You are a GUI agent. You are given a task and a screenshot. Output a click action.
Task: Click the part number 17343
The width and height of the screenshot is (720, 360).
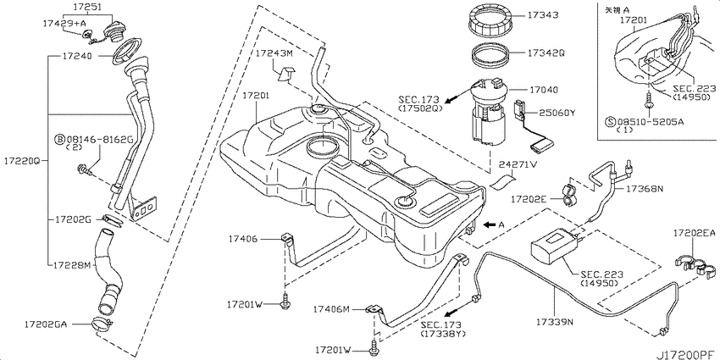pyautogui.click(x=542, y=15)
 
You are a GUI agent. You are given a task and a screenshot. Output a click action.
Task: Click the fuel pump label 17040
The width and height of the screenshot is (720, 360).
pyautogui.click(x=542, y=90)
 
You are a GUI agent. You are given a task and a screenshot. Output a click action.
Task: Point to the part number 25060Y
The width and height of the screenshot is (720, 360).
pyautogui.click(x=548, y=112)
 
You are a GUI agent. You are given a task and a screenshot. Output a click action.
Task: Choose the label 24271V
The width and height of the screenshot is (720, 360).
pyautogui.click(x=518, y=165)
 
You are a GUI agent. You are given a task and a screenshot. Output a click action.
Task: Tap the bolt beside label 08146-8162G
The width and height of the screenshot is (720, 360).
pyautogui.click(x=85, y=171)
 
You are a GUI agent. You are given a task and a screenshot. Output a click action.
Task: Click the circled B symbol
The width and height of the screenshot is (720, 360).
pyautogui.click(x=59, y=139)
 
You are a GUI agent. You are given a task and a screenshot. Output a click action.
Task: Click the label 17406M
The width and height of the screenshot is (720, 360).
pyautogui.click(x=331, y=309)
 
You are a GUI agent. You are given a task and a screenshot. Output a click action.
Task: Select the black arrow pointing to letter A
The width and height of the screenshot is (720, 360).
pyautogui.click(x=490, y=224)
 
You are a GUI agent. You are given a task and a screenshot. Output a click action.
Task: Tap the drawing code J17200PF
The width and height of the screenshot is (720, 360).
pyautogui.click(x=689, y=355)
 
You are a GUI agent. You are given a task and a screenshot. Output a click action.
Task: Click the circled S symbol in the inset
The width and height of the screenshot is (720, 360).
pyautogui.click(x=612, y=121)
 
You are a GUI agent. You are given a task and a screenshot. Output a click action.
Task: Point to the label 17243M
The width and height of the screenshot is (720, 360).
pyautogui.click(x=274, y=53)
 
